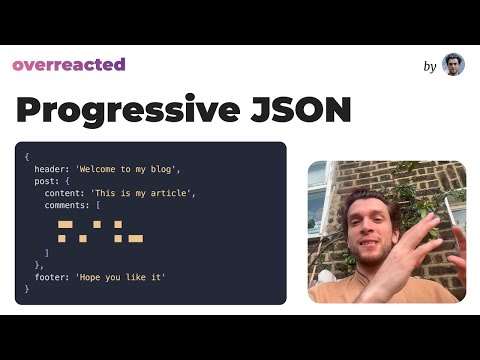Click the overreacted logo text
[69, 65]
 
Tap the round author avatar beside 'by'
[453, 65]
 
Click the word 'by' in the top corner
[430, 66]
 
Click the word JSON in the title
[304, 110]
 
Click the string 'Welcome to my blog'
[127, 168]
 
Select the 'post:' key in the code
[46, 180]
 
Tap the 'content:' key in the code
[64, 192]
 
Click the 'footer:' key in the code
[52, 276]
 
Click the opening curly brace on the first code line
[27, 156]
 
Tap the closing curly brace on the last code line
[27, 288]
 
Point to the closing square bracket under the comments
[46, 252]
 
